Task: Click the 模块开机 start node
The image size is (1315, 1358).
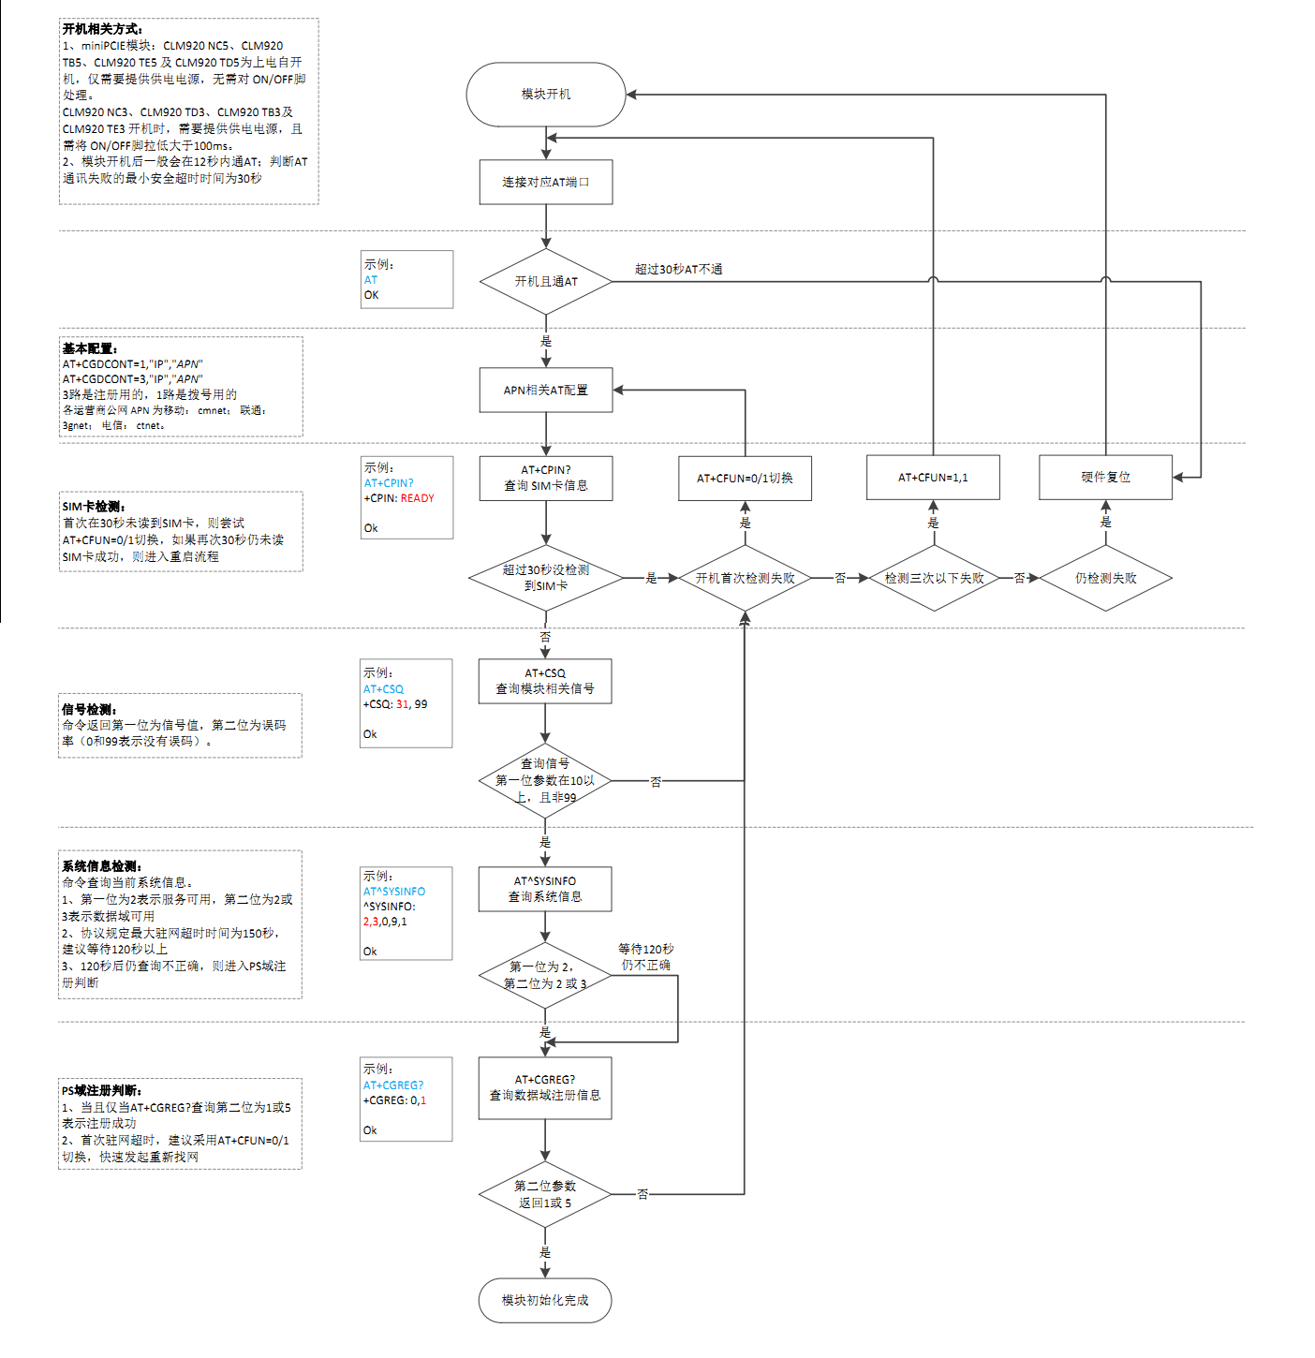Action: click(546, 95)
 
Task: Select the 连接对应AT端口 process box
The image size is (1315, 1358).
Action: click(546, 182)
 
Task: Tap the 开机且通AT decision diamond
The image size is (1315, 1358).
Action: click(546, 281)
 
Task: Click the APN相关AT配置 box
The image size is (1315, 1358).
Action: click(546, 390)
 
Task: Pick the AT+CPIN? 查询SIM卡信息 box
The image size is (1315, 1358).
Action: click(546, 478)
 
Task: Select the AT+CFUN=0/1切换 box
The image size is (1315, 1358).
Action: click(745, 478)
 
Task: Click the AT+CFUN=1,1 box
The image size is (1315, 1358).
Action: click(933, 478)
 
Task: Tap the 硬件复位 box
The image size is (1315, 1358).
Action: click(1105, 478)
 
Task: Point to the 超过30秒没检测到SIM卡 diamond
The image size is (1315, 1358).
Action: click(546, 578)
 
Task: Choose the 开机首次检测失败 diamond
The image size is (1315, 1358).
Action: click(745, 578)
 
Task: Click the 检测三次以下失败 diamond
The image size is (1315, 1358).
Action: click(934, 578)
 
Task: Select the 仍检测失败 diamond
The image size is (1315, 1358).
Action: click(1105, 578)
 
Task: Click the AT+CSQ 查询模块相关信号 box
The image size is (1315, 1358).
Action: click(545, 681)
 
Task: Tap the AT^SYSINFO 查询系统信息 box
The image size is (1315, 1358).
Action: click(545, 889)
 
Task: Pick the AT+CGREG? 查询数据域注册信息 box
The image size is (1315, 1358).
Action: click(545, 1087)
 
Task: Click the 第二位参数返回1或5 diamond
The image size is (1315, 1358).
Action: click(545, 1194)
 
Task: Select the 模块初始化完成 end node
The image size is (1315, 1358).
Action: click(545, 1300)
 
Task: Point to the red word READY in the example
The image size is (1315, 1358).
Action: click(418, 498)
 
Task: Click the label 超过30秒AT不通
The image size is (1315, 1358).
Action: click(678, 270)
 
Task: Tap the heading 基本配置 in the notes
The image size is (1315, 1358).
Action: click(90, 348)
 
